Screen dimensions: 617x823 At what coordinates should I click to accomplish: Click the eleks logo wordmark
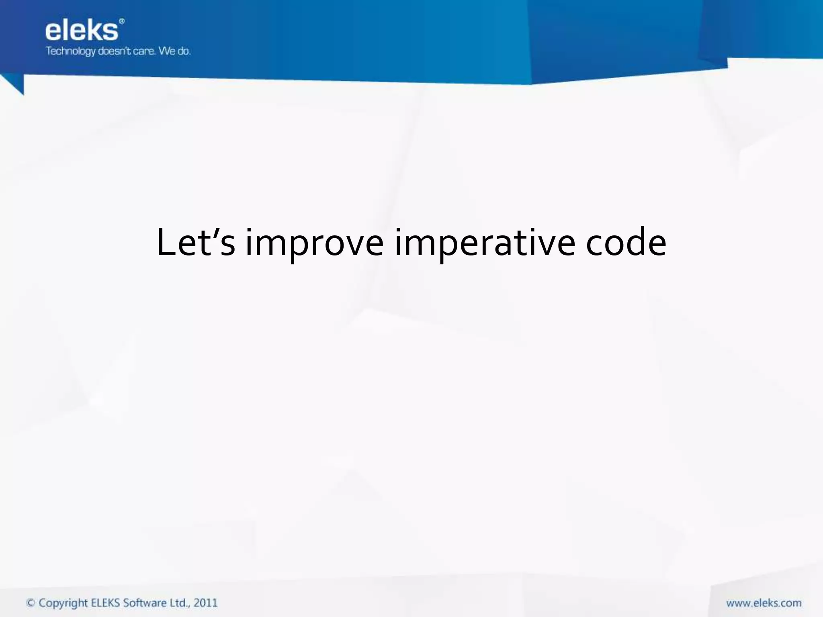point(82,31)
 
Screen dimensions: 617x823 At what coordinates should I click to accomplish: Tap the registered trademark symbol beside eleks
point(122,21)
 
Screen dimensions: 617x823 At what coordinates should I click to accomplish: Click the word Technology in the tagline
point(71,51)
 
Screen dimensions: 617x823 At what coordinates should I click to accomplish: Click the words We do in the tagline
point(174,51)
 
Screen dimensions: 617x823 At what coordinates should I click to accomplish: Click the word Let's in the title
point(195,242)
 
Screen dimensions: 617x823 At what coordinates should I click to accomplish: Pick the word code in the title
point(626,242)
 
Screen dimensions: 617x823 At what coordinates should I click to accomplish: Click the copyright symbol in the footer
point(31,603)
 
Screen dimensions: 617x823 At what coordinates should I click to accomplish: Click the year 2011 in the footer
point(205,603)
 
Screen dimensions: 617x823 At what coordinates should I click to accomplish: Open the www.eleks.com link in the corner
point(764,603)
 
